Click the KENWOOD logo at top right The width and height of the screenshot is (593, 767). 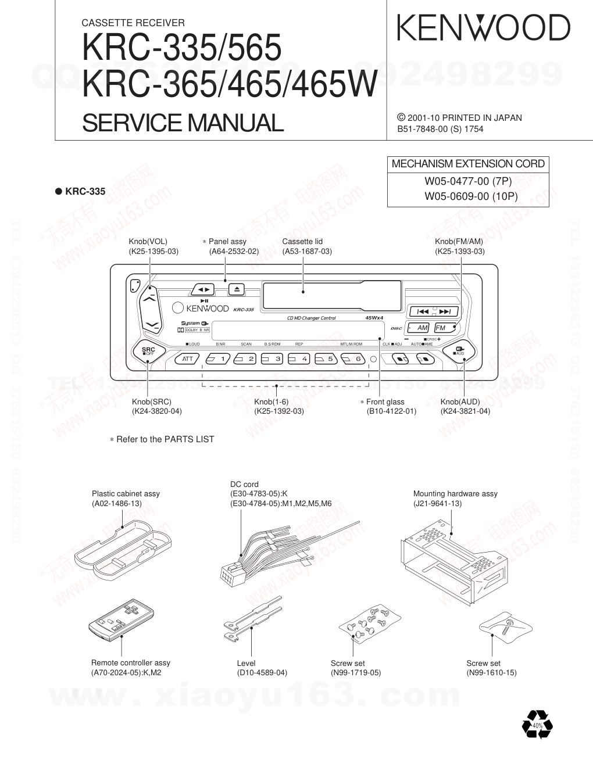[483, 27]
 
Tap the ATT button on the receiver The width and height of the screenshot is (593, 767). [187, 359]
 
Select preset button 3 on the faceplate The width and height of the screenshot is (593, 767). [272, 359]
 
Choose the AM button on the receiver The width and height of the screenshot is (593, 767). [419, 328]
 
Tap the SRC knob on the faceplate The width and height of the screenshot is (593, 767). [148, 350]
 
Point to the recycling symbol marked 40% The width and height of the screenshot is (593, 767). [537, 725]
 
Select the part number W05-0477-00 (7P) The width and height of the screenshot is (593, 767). [468, 181]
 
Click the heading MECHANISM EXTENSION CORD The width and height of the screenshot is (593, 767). [468, 164]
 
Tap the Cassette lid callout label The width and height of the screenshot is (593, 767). [302, 242]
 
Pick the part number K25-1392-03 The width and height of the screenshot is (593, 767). [279, 411]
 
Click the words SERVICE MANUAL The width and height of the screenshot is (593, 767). [183, 123]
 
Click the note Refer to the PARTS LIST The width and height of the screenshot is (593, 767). [165, 439]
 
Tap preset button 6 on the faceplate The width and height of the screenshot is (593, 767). [352, 359]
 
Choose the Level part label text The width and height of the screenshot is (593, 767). [246, 663]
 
